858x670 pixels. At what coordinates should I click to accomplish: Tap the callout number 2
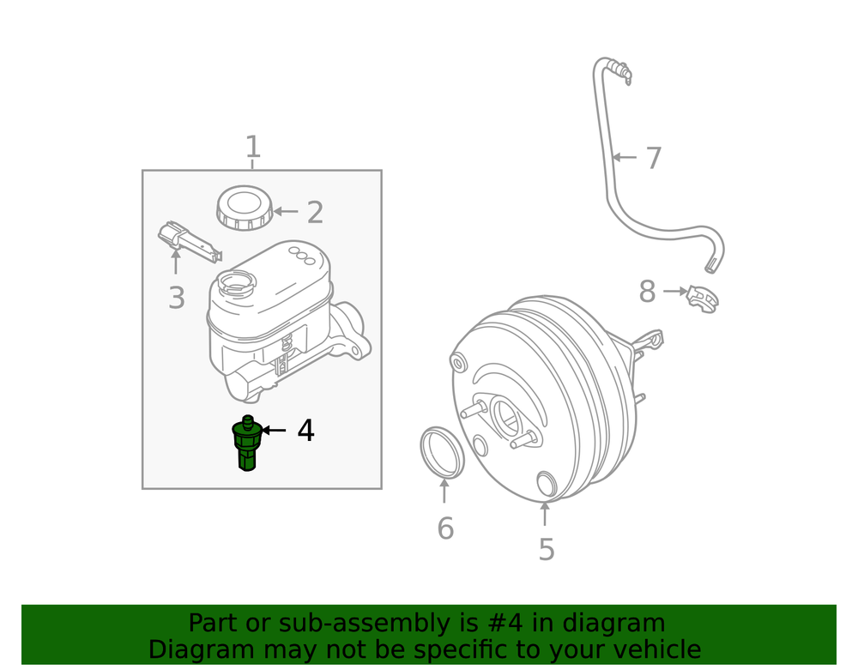point(315,212)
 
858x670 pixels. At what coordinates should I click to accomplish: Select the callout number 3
point(176,298)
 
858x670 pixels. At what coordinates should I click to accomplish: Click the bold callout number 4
point(306,431)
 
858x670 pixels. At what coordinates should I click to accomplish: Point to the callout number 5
point(547,549)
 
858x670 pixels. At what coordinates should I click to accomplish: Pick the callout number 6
point(445,528)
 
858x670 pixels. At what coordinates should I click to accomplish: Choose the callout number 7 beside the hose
point(654,158)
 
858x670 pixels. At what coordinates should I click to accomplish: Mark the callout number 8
point(647,292)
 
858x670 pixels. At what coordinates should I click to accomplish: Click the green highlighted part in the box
point(246,443)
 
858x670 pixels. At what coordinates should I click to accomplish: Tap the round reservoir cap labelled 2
point(245,208)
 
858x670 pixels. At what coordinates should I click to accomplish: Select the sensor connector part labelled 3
point(190,241)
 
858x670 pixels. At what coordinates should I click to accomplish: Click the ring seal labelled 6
point(442,452)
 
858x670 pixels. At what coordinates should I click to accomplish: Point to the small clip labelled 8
point(704,299)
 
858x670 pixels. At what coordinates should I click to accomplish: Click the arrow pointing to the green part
point(274,431)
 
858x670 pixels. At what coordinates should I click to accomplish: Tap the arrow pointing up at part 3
point(176,262)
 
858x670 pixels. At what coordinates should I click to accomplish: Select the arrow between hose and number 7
point(624,158)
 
